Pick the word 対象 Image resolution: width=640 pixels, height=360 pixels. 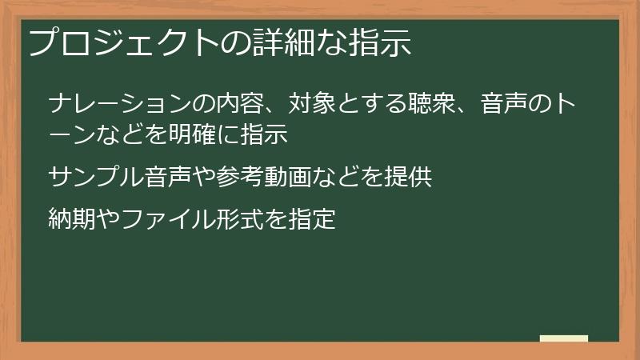click(x=308, y=104)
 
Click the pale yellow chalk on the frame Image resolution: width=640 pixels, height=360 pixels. click(x=564, y=338)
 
